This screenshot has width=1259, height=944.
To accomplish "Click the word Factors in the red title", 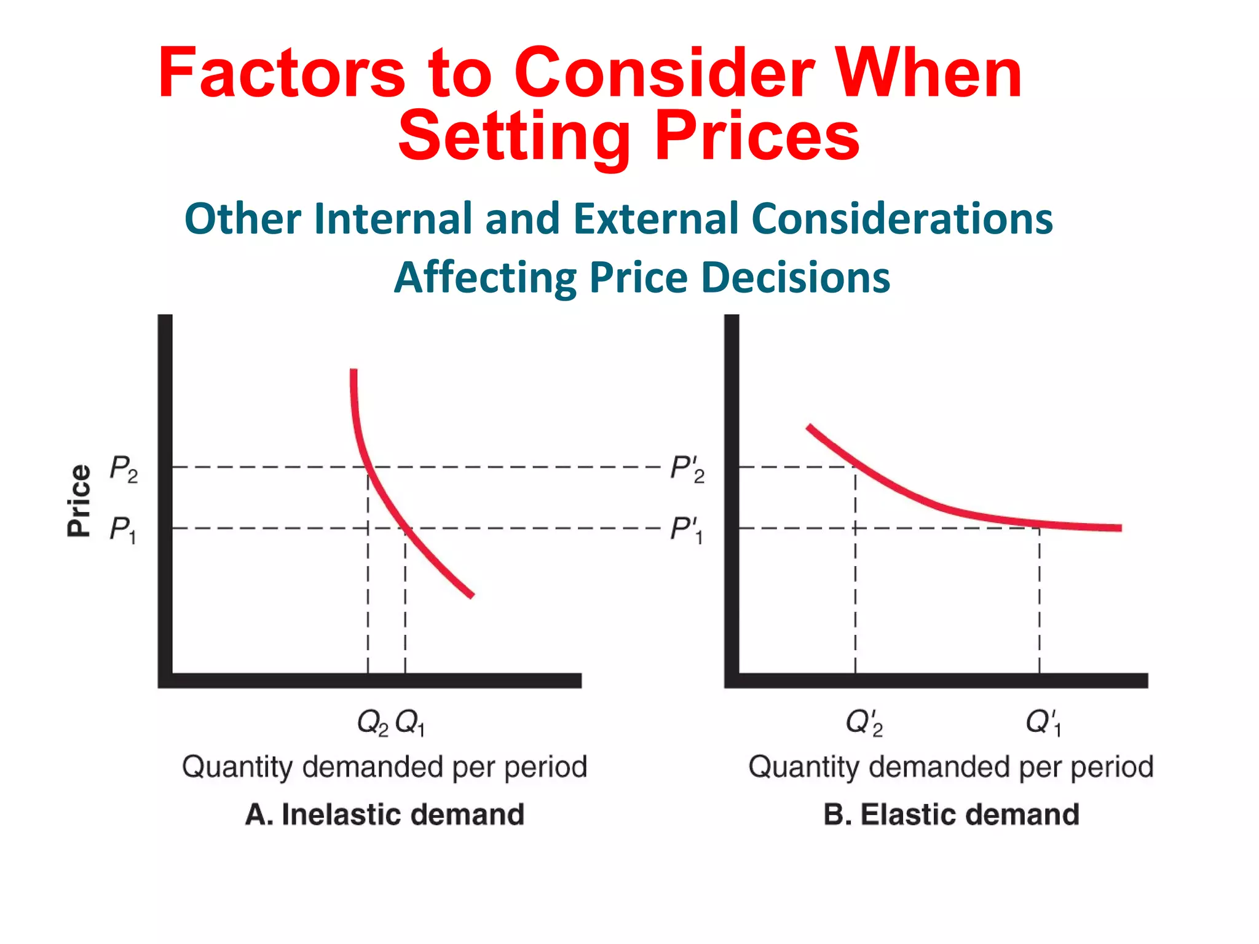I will (281, 74).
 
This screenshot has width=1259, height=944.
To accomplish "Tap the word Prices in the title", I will (757, 136).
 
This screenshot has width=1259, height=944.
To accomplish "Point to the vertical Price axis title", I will (79, 500).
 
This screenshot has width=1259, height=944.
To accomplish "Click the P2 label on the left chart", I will (124, 468).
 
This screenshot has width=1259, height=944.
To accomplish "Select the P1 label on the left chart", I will (122, 529).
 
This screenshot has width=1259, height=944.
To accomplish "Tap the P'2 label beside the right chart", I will (687, 468).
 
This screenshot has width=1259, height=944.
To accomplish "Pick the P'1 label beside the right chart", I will (686, 529).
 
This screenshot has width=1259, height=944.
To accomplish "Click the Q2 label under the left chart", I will (373, 722).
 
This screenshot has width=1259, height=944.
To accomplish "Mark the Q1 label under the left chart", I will (410, 722).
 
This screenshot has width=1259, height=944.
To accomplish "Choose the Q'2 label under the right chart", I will (864, 722).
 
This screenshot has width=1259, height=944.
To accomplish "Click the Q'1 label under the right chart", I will (1043, 722).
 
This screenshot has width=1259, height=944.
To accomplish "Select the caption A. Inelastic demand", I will (385, 814).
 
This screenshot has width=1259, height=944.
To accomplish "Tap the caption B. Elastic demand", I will (951, 814).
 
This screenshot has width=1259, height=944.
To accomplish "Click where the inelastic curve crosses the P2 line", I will (368, 467).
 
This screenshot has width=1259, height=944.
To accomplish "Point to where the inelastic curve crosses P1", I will (406, 528).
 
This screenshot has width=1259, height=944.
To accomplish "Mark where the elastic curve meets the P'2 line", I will (855, 467).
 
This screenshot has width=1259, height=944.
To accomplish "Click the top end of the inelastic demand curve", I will (353, 371).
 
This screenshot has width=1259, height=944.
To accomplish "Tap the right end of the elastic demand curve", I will (1119, 527).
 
